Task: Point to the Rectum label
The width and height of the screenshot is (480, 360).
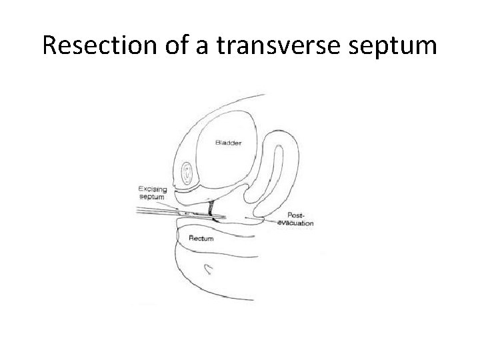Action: click(x=201, y=238)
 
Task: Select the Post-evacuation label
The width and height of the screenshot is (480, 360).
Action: click(x=295, y=219)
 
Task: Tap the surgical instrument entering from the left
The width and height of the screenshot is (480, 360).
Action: click(x=160, y=211)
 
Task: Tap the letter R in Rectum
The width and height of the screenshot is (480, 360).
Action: click(x=191, y=238)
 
